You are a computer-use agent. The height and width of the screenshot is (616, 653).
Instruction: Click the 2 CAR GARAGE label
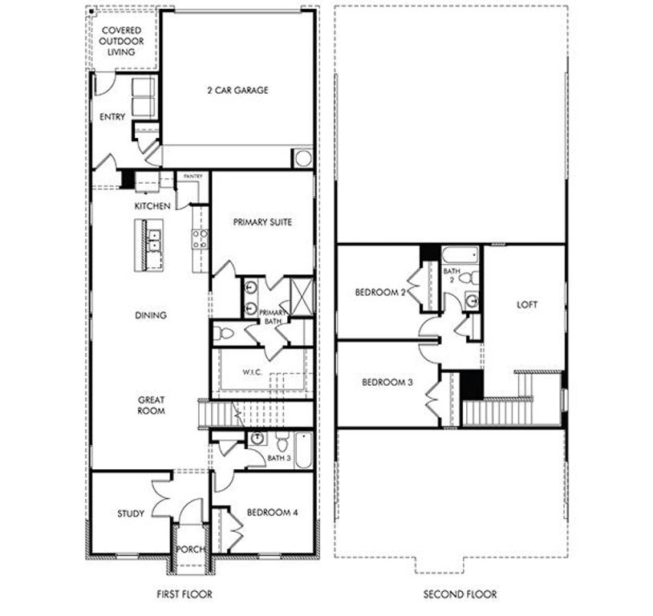pos(237,91)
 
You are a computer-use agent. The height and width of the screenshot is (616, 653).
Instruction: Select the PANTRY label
pos(193,176)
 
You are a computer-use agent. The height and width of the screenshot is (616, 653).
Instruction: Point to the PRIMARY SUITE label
pos(262,222)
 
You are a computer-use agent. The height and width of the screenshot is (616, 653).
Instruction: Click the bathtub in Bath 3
pos(302,451)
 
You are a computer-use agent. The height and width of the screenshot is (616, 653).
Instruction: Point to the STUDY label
pos(130,513)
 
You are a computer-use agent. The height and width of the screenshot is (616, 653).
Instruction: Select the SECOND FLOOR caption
pos(460,594)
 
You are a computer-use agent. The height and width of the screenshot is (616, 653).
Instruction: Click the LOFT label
pos(528,305)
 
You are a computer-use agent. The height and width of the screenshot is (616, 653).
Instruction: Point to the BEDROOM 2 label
pos(380,293)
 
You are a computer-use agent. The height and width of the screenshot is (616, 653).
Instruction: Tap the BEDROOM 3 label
pos(387,383)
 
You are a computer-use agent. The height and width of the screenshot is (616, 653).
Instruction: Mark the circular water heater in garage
pos(302,157)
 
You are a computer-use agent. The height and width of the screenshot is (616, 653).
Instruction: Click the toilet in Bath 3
pos(282,441)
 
